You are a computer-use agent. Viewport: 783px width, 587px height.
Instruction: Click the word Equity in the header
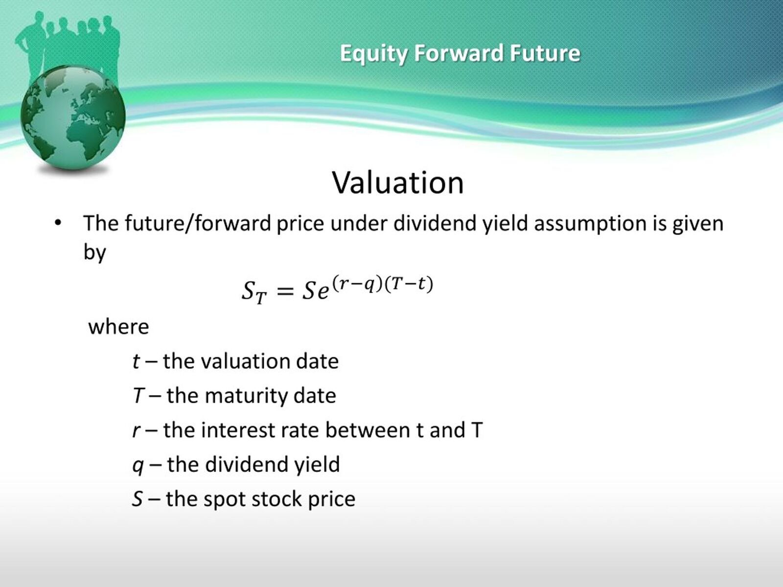point(373,54)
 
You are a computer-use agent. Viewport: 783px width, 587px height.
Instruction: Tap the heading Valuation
point(398,182)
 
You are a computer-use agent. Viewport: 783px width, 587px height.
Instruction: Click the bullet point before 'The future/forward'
point(58,224)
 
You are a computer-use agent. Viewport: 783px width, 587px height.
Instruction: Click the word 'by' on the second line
point(94,253)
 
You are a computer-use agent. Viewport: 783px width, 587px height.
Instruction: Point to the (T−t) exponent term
point(409,284)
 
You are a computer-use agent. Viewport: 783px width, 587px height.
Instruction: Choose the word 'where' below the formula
point(118,327)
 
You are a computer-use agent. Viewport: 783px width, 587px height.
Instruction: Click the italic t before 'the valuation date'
point(136,361)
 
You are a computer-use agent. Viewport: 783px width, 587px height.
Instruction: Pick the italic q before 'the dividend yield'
point(138,466)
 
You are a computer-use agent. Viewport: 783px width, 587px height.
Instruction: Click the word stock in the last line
point(276,498)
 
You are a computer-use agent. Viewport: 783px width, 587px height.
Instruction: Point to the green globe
point(73,117)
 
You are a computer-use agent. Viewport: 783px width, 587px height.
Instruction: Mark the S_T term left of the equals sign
point(254,292)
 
